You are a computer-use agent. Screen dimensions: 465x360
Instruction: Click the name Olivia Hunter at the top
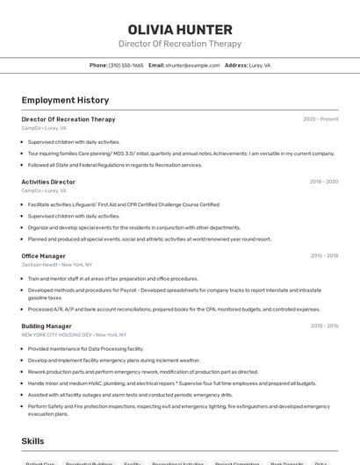180,29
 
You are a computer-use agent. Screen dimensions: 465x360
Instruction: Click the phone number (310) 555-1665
126,65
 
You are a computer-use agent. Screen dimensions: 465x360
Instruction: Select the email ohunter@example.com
192,65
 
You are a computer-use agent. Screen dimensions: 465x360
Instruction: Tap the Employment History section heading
65,100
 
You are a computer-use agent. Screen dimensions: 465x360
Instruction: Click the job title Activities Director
48,182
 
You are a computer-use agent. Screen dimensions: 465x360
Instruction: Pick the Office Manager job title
44,256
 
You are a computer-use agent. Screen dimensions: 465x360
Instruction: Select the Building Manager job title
47,325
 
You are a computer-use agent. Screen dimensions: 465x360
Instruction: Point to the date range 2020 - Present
320,119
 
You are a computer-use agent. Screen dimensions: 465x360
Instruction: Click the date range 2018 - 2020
323,182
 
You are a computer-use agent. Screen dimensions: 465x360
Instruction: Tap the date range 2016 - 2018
324,256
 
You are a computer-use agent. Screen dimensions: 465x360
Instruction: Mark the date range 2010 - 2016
324,325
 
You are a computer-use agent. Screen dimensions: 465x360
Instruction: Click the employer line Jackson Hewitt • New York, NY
57,264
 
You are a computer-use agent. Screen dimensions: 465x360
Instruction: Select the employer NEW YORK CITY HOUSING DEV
57,334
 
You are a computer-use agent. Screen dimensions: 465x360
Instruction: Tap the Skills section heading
33,441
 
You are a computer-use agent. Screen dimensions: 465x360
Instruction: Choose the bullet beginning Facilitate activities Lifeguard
123,204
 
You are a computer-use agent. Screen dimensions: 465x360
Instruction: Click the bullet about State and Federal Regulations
114,164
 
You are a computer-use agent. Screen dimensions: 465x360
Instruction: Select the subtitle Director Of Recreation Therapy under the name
180,44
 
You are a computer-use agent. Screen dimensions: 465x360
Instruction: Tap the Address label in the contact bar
236,65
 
